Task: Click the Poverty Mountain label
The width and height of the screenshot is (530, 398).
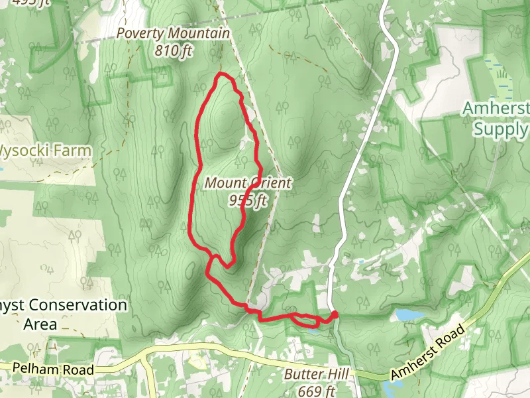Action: point(173,33)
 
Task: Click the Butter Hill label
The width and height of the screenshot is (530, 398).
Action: point(316,375)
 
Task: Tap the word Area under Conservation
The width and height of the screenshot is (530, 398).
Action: point(40,325)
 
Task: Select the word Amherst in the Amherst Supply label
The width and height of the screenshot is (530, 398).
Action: point(496,108)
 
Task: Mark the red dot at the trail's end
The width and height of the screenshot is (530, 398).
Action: point(334,315)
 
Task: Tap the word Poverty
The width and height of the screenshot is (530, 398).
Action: point(140,33)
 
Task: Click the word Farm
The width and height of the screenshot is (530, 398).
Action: point(72,151)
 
